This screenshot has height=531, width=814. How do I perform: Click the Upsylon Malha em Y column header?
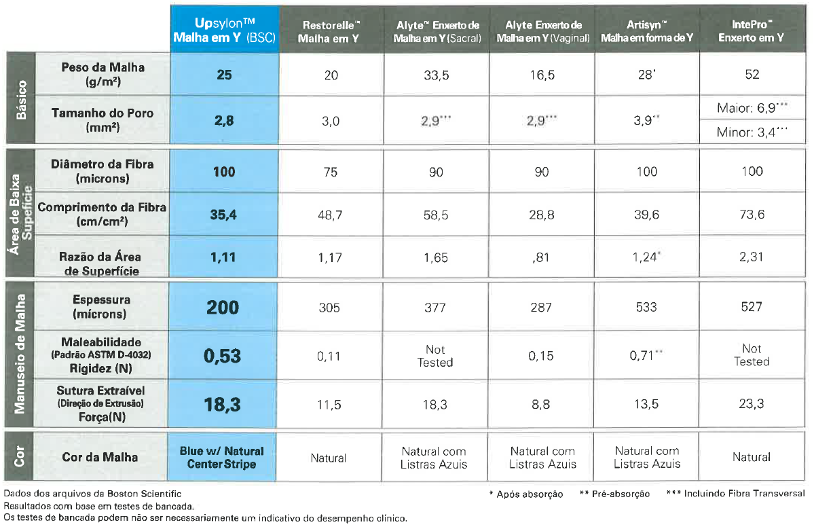point(224,30)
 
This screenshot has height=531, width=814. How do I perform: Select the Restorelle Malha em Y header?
point(331,32)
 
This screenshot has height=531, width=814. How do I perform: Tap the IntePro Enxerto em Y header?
point(751,31)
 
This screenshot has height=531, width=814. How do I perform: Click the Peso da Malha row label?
point(103,74)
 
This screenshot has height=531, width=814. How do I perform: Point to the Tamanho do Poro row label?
point(103,120)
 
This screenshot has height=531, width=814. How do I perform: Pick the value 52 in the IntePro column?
point(752,74)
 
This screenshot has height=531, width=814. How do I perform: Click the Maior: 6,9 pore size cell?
point(752,108)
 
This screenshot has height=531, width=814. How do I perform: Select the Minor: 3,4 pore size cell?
point(752,132)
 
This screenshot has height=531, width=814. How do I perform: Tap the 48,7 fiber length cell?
point(330,215)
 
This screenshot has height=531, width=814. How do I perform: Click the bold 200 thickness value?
point(223,308)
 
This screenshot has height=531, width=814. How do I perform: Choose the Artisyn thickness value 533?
point(646,308)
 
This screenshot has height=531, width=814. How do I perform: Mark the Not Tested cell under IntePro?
point(752,355)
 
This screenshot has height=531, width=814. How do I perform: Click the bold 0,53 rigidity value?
point(222,356)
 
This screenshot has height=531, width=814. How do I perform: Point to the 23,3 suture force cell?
point(751,404)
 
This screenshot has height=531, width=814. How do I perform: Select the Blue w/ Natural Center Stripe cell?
point(222,457)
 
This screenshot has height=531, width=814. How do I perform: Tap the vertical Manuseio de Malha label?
point(20,354)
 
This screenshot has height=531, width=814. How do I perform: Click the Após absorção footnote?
point(526,494)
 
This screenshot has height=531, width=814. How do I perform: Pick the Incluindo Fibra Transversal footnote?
point(736,494)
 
